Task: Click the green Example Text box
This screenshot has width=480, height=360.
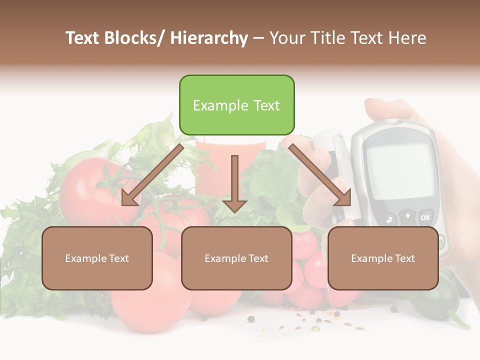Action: coord(236,105)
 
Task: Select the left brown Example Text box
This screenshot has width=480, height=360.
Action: coord(97,258)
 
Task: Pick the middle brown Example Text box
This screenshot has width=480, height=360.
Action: coord(236,258)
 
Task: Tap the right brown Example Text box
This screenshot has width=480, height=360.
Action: coord(383,258)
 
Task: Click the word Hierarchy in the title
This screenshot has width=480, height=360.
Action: coord(209,38)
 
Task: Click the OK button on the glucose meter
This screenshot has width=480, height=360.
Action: coord(425,217)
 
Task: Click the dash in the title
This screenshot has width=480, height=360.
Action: coord(258,38)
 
